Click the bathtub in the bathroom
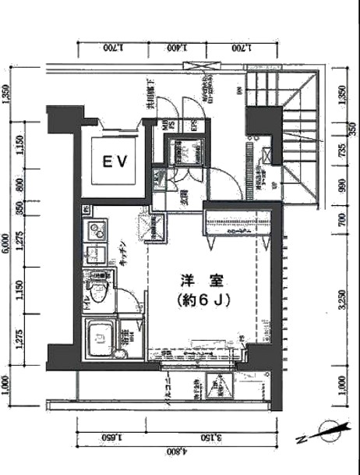[x=100, y=337]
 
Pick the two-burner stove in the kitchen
[x=97, y=231]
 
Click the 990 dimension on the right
[x=340, y=187]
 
